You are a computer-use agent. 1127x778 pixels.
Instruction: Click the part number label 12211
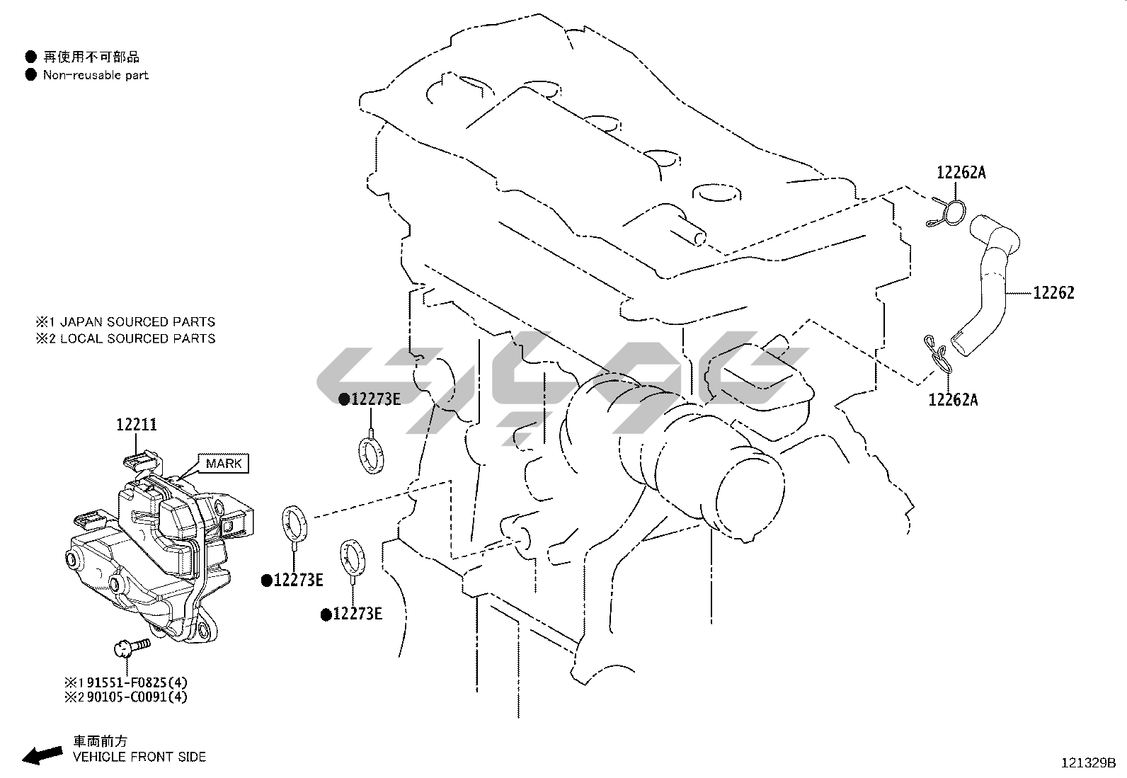[137, 425]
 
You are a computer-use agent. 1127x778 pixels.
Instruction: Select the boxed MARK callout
[224, 463]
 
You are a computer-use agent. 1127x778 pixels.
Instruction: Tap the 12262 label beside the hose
[1053, 293]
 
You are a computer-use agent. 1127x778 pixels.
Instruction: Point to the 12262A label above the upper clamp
[961, 173]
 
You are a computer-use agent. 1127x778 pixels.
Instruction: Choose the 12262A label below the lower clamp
[953, 399]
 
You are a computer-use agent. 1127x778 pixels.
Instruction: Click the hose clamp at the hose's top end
[946, 213]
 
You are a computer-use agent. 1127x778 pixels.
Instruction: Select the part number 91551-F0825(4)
[137, 682]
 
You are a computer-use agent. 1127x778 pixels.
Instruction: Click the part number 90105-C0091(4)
[137, 697]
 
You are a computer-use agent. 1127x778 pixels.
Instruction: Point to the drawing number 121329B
[1088, 763]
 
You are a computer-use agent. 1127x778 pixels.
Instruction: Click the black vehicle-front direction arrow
[42, 755]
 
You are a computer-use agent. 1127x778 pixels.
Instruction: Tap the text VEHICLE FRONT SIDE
[139, 757]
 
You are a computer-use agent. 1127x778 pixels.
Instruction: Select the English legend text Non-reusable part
[96, 75]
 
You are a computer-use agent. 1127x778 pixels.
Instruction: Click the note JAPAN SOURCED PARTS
[137, 321]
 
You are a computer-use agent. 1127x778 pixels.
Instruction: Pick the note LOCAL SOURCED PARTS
[137, 338]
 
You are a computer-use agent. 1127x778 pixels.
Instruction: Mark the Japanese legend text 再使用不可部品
[91, 57]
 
